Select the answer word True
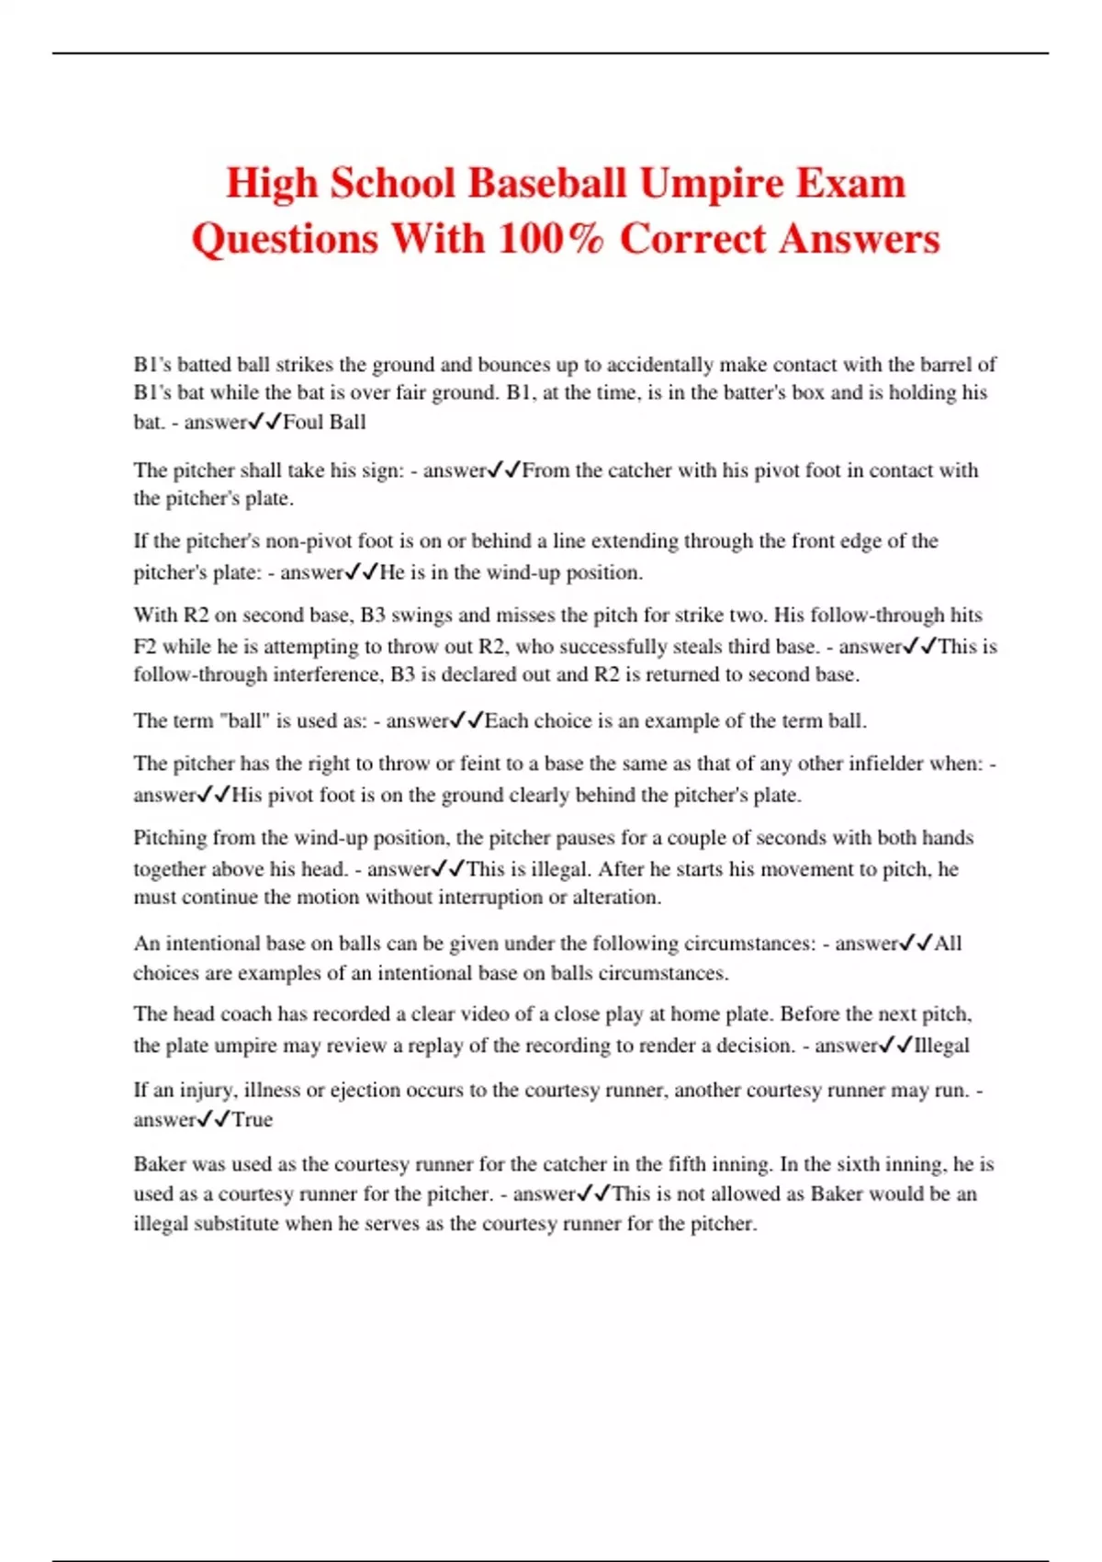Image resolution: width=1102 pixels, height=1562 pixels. pos(253,1120)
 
